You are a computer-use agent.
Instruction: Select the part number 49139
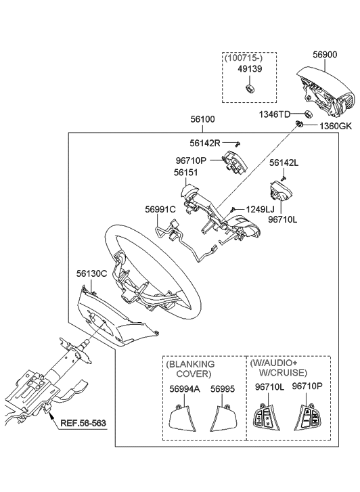coord(250,69)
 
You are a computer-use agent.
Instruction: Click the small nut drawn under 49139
coord(248,88)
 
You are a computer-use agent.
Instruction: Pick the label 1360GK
coord(336,127)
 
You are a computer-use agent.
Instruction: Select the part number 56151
coord(187,173)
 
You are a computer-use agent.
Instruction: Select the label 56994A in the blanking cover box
coord(183,389)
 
